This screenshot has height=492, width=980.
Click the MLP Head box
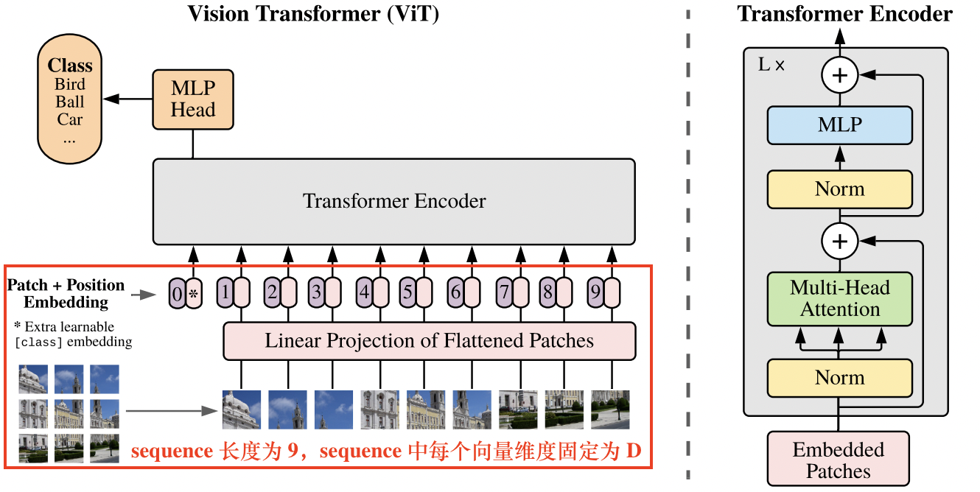pyautogui.click(x=193, y=99)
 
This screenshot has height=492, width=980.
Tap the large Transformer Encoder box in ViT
pyautogui.click(x=393, y=201)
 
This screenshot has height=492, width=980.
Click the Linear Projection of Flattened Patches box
pyautogui.click(x=429, y=341)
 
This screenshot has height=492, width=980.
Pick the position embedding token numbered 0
pyautogui.click(x=176, y=295)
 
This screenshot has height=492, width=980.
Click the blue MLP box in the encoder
pyautogui.click(x=840, y=124)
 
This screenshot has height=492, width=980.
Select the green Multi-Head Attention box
pyautogui.click(x=840, y=298)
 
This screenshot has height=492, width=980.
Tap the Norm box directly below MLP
pyautogui.click(x=840, y=189)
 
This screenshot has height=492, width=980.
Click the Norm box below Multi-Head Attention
pyautogui.click(x=840, y=378)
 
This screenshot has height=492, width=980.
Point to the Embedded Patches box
pyautogui.click(x=839, y=460)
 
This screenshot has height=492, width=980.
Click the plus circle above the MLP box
pyautogui.click(x=840, y=75)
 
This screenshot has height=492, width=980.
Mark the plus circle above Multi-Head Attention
pyautogui.click(x=840, y=241)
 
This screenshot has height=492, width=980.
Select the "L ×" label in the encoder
pyautogui.click(x=771, y=65)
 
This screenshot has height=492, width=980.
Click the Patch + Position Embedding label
pyautogui.click(x=66, y=293)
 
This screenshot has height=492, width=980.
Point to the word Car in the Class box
pyautogui.click(x=70, y=119)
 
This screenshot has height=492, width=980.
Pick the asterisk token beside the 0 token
pyautogui.click(x=193, y=295)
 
